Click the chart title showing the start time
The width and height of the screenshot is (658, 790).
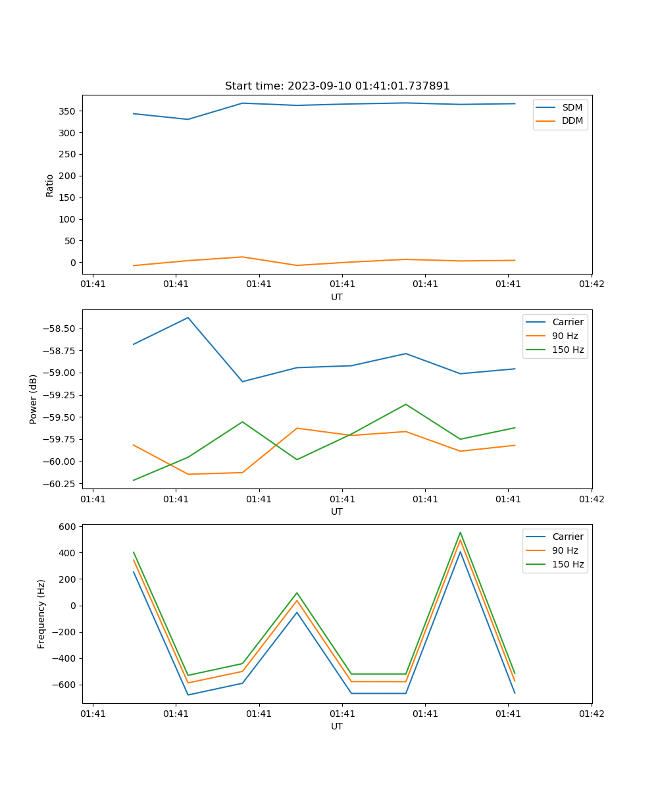pos(337,86)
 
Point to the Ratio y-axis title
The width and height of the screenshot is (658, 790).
pos(50,185)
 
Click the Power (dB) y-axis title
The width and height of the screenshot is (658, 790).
pos(34,399)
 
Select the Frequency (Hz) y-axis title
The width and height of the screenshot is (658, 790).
pos(41,614)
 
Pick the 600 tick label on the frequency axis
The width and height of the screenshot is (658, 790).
pos(68,527)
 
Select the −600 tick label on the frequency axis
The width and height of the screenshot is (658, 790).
pos(64,685)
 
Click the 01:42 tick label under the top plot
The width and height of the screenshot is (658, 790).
pos(591,284)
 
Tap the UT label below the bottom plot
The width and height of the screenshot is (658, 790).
pos(337,726)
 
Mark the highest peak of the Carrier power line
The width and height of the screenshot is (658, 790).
pos(188,318)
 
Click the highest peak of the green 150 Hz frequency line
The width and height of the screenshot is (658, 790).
pos(460,533)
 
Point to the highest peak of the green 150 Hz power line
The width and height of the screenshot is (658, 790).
pos(405,404)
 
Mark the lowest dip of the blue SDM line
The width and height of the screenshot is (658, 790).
pos(188,119)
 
